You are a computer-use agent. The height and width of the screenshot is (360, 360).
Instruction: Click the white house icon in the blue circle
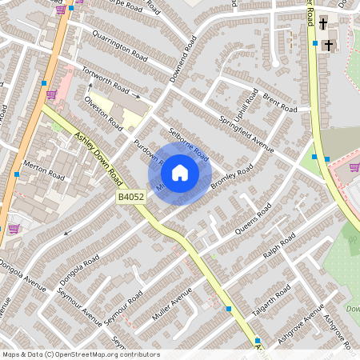[x=180, y=173]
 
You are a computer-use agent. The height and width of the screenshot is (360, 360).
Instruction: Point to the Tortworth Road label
[x=105, y=79]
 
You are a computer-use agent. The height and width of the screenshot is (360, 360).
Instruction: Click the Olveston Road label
[x=105, y=114]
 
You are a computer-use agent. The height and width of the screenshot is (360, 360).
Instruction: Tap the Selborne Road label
[x=188, y=144]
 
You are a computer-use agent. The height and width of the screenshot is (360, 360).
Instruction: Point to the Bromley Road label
[x=232, y=177]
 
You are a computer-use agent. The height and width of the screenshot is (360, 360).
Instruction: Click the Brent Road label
[x=280, y=105]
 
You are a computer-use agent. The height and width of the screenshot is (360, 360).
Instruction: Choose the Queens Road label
[x=254, y=218]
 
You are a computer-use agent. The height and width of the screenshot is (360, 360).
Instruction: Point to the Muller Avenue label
[x=172, y=306]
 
